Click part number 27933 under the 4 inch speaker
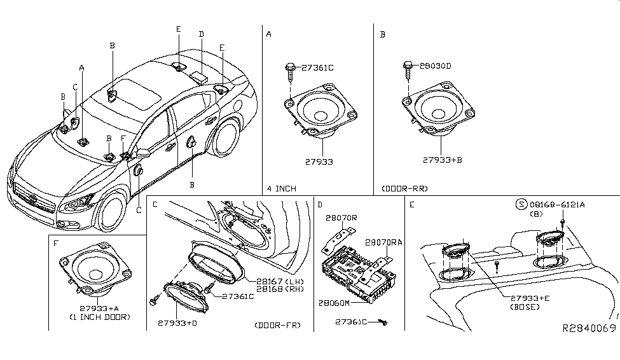pos(318,162)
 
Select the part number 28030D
pos(435,66)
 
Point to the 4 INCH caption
pos(282,188)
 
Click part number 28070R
pos(341,217)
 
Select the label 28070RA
pos(384,242)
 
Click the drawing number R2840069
pos(588,328)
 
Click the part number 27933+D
pos(177,324)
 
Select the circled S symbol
pos(521,204)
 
